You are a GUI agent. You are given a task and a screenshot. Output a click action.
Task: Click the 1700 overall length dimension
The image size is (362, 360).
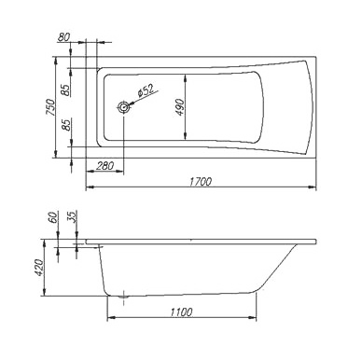(200, 182)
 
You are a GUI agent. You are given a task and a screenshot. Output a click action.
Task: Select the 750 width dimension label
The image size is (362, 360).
(50, 107)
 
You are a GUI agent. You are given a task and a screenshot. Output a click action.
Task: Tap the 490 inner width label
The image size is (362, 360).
(180, 107)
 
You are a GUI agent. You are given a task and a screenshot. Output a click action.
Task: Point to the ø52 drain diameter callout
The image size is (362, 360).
(146, 91)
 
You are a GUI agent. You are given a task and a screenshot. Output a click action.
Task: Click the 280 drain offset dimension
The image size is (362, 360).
(104, 166)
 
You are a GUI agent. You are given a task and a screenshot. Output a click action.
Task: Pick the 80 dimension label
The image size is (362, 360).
(64, 37)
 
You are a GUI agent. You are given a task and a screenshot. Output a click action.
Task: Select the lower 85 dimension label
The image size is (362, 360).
(65, 125)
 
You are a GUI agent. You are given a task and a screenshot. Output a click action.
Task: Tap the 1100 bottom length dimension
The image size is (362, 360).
(181, 312)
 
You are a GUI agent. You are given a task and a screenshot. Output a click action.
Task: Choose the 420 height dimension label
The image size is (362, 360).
(39, 268)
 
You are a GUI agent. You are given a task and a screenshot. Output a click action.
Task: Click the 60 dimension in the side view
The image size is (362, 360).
(54, 217)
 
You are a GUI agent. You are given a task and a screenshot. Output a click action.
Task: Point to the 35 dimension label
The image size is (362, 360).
(72, 217)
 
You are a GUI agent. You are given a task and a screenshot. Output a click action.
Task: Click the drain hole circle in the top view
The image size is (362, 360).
(123, 107)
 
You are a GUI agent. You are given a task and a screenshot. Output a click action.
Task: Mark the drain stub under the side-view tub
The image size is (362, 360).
(124, 297)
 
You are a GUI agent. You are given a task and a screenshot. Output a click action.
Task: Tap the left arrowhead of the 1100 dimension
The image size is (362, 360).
(111, 318)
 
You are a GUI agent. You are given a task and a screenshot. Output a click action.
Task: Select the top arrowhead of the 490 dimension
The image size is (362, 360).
(186, 78)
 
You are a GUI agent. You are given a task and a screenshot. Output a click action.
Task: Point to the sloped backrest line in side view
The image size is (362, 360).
(276, 269)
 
